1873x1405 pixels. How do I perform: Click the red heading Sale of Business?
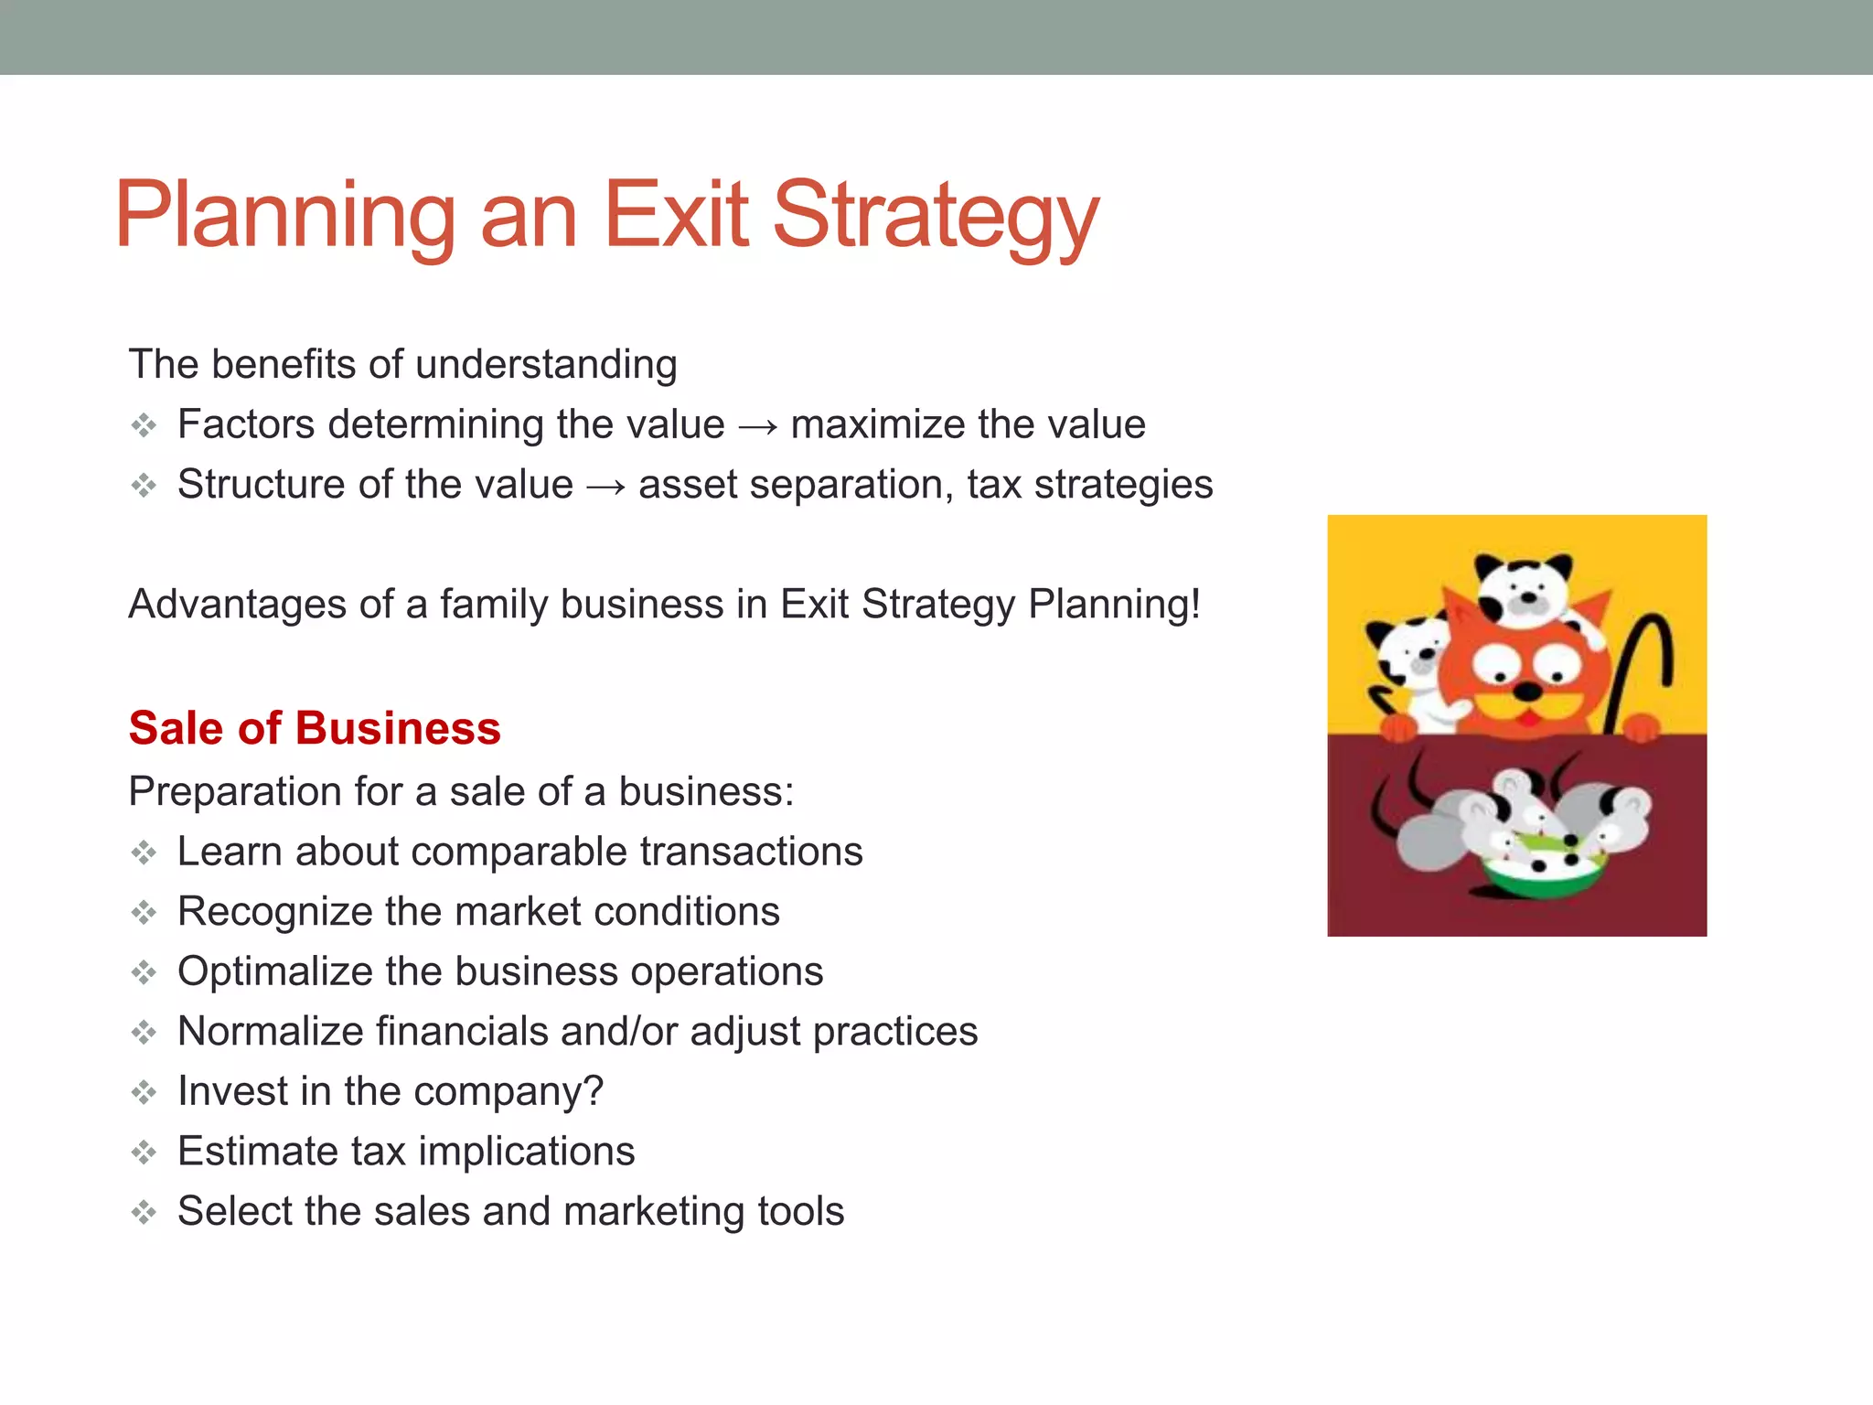(x=315, y=729)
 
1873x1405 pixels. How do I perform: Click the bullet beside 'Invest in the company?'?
(x=144, y=1092)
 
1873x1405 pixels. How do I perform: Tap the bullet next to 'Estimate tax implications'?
(x=144, y=1153)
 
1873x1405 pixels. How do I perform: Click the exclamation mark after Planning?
(x=1194, y=604)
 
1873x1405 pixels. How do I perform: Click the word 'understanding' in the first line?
(x=546, y=365)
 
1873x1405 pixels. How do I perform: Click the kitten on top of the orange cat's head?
(x=1524, y=590)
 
